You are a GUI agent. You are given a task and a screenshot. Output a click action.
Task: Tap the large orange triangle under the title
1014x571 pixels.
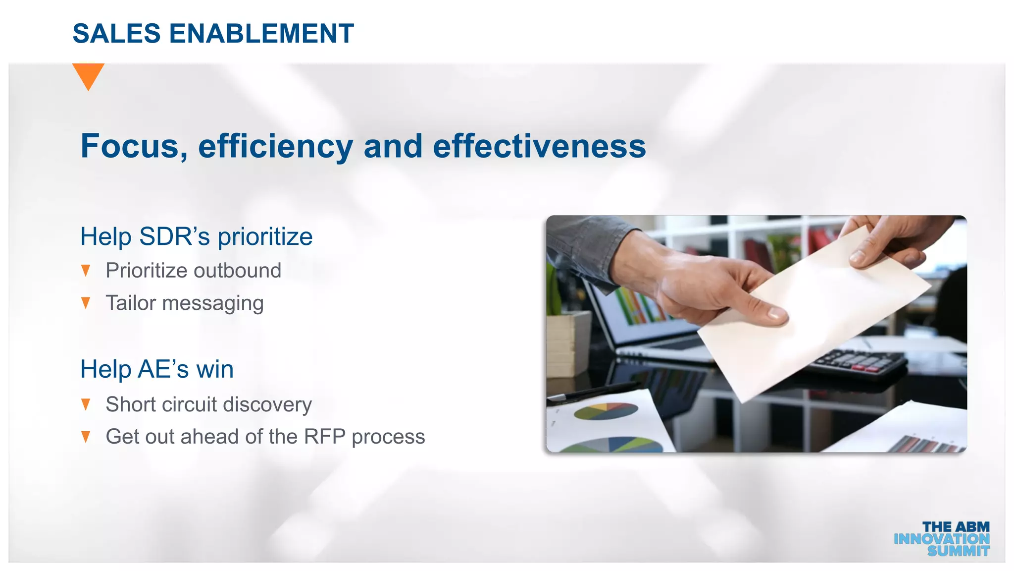tap(88, 74)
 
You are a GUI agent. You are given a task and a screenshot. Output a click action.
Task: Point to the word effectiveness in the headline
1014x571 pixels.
tap(539, 146)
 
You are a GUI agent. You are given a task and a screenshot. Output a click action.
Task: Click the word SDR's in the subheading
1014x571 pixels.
tap(175, 236)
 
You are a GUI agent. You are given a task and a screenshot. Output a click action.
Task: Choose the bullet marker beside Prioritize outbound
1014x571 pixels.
tap(86, 271)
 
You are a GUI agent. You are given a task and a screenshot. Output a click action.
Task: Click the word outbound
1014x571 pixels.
tap(237, 271)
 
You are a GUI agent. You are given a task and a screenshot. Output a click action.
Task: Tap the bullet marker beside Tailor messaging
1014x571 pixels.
tap(86, 303)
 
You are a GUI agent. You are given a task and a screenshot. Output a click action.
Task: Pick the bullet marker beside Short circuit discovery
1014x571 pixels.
tap(86, 404)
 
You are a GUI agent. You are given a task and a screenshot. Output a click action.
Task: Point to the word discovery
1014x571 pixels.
tap(267, 404)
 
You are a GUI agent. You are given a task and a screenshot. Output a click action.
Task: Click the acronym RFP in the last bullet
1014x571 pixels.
tap(324, 437)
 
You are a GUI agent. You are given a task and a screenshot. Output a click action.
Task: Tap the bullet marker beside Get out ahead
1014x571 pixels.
tap(86, 437)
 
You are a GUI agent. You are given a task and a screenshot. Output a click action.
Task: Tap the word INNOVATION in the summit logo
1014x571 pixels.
tap(941, 539)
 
